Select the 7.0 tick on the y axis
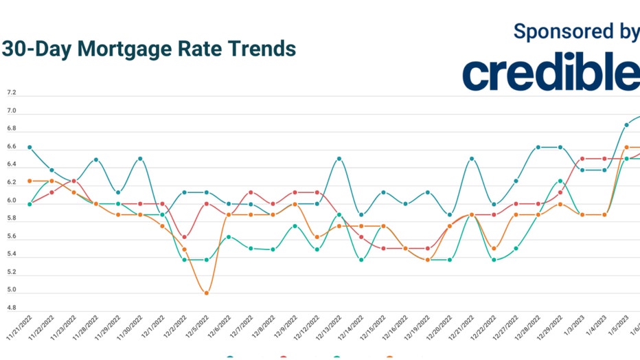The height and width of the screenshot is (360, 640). (11, 111)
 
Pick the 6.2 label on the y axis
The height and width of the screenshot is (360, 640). (11, 183)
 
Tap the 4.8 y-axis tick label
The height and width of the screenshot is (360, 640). (11, 308)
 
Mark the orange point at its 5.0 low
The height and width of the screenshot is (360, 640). (207, 293)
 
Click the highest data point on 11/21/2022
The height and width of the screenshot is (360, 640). (30, 147)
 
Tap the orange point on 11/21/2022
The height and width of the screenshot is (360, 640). (30, 181)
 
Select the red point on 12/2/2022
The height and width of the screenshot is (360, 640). (185, 237)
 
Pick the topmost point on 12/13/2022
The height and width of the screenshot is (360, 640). (339, 159)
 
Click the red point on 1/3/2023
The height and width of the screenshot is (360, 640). (582, 159)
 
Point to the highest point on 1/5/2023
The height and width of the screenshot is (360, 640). (626, 125)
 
